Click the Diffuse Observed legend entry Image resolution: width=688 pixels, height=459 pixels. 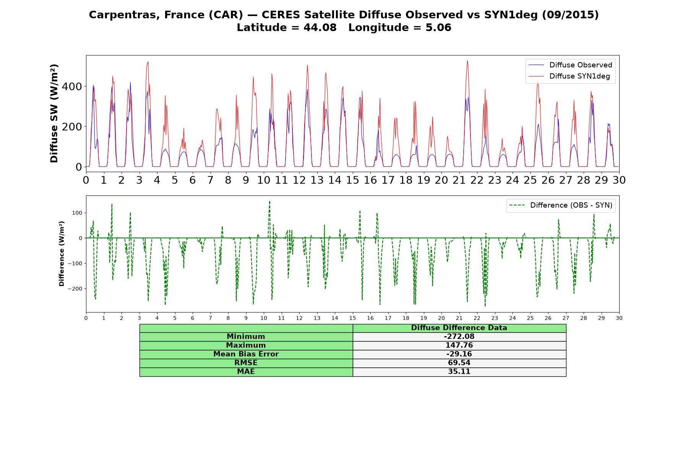pos(570,65)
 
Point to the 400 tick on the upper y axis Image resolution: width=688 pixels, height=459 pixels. pos(72,86)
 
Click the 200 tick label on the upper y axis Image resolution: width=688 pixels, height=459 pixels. pos(72,127)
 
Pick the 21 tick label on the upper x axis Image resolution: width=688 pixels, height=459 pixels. pos(459,180)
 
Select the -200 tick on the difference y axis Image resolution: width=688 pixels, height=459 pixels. pos(75,289)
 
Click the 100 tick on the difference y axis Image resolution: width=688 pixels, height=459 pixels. pos(78,213)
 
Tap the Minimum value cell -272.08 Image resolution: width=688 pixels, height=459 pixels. pos(459,337)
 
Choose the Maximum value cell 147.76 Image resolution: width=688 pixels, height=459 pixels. pos(459,345)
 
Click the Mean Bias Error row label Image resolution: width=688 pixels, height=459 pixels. pos(246,354)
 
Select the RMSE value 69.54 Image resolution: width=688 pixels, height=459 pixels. pos(459,363)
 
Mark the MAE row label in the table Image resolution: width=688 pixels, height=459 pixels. pos(246,372)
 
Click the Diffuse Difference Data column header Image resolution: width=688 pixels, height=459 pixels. pos(459,328)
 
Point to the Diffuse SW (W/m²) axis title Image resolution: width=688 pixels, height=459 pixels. pos(54,114)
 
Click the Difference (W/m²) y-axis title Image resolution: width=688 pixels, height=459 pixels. pos(62,254)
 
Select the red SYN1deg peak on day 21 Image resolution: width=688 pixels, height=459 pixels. pos(467,60)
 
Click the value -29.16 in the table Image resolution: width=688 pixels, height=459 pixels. pos(459,354)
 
